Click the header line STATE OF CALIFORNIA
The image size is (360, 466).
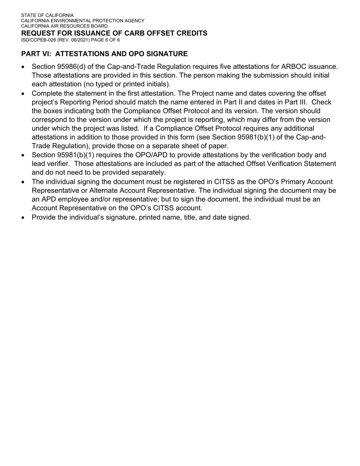(x=47, y=16)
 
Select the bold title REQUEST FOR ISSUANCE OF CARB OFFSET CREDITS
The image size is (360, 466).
(x=114, y=33)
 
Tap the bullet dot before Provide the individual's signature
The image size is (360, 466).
(x=23, y=217)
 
